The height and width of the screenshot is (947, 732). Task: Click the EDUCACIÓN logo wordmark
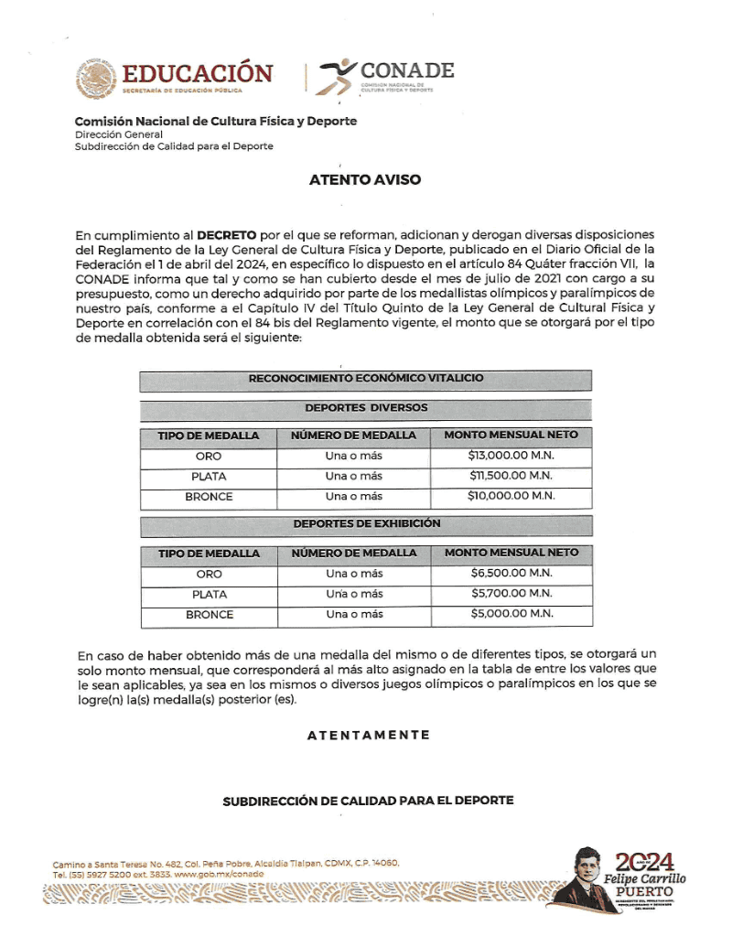(197, 74)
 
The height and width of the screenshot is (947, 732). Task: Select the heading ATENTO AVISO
(365, 180)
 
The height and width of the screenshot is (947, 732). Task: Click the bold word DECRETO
(227, 235)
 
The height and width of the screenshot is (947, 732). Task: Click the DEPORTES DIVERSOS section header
(366, 408)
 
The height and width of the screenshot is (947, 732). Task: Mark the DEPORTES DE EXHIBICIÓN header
(366, 524)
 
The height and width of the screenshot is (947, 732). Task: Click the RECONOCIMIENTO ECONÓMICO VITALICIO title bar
(366, 378)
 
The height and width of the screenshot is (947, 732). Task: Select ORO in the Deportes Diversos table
(209, 456)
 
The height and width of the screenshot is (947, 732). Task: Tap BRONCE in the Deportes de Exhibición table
(210, 615)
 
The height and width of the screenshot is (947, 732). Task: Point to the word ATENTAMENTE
(368, 735)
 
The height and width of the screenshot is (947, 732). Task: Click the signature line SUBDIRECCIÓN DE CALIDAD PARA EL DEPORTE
(368, 801)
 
